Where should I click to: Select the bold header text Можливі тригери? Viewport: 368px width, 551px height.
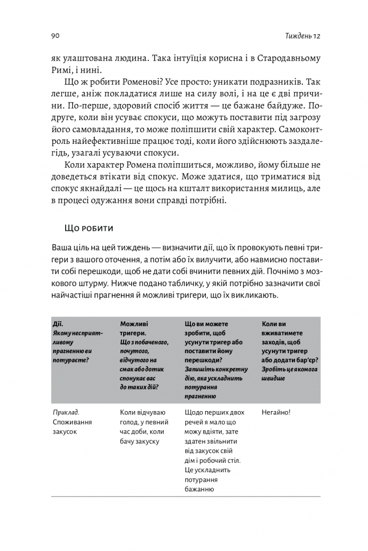pyautogui.click(x=134, y=329)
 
